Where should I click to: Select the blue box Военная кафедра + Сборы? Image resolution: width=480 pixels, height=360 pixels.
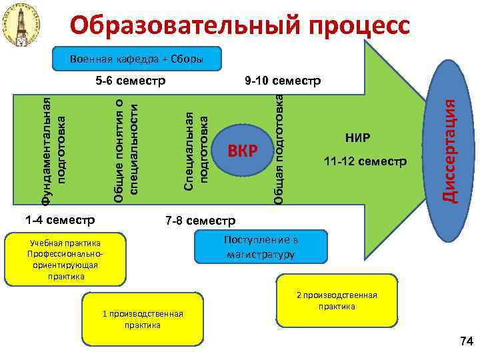tap(136, 59)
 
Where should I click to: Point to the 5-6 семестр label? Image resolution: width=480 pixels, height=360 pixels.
tap(131, 83)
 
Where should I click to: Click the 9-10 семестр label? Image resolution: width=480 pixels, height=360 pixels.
tap(283, 81)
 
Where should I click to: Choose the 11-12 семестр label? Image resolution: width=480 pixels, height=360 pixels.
tap(365, 161)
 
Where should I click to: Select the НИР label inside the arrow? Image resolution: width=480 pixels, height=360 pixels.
tap(357, 138)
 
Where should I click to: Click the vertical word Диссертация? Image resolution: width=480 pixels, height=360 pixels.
tap(451, 150)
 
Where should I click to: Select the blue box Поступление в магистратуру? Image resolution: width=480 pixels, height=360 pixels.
tap(261, 247)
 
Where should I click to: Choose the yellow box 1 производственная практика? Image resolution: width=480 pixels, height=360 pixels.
tap(142, 319)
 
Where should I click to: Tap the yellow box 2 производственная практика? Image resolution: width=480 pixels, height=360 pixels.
tap(337, 301)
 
